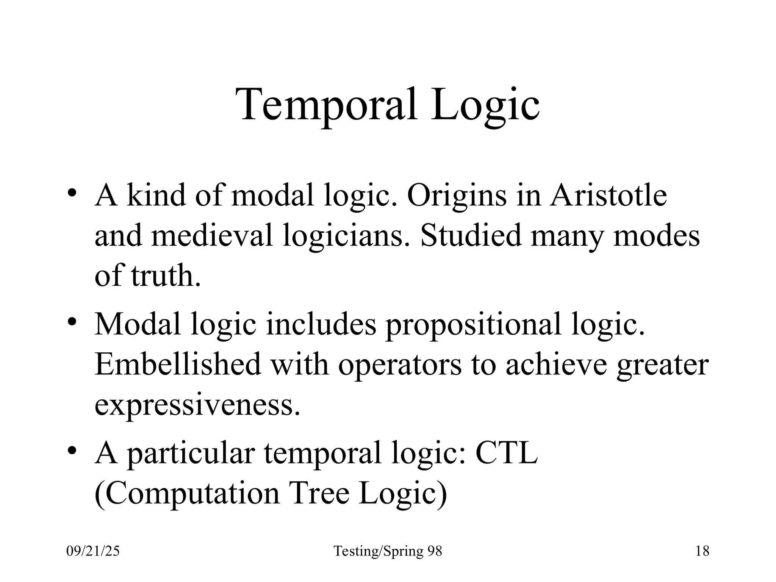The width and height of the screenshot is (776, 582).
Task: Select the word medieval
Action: point(212,236)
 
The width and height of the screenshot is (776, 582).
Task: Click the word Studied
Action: point(471,236)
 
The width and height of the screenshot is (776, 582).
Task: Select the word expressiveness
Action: point(197,404)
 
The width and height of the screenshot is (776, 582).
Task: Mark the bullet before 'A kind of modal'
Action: point(72,192)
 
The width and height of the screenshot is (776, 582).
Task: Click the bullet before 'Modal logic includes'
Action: point(72,321)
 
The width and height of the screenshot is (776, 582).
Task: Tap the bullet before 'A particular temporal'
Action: point(72,450)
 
